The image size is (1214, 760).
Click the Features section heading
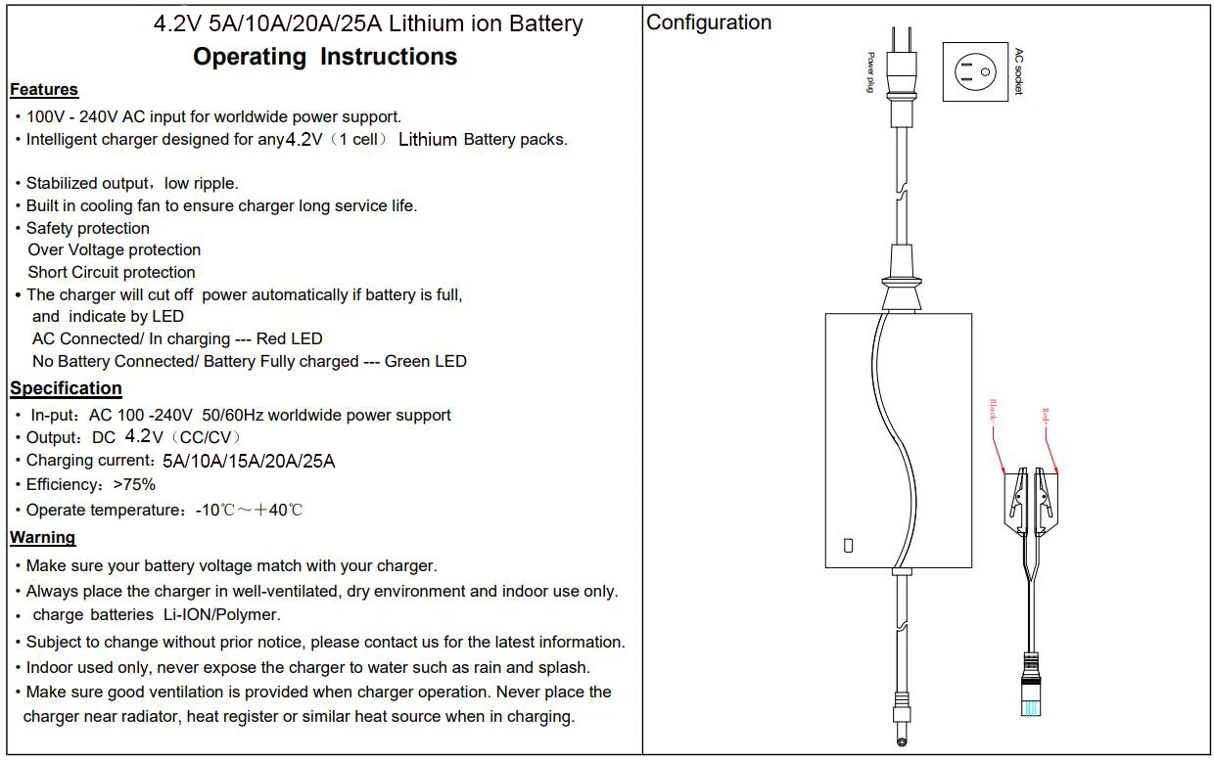pos(44,90)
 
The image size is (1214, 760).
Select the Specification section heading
pos(66,388)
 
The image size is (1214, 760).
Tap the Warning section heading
pos(42,537)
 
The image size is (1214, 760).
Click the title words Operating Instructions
pos(325,57)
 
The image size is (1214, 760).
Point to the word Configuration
pos(709,22)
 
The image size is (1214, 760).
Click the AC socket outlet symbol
pos(975,71)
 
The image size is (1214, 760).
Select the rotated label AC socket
pos(1018,71)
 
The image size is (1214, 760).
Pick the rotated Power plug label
pos(870,72)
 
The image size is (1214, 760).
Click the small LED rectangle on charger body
pos(849,546)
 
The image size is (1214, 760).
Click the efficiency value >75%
pos(135,484)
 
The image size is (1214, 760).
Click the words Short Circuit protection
pos(112,272)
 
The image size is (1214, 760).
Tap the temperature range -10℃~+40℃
pos(249,510)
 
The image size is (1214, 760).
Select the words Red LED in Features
pos(289,338)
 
